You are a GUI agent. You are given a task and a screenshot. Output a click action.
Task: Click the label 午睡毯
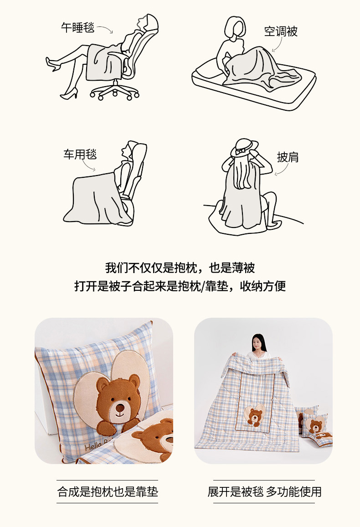(77, 27)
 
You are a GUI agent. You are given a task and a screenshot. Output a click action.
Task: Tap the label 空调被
(281, 31)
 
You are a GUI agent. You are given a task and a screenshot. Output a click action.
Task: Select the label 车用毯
(80, 154)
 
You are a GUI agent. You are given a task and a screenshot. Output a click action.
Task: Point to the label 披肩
(288, 157)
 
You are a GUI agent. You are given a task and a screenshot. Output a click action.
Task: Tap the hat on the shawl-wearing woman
(244, 147)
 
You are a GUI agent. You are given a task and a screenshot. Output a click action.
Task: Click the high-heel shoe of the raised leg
(52, 64)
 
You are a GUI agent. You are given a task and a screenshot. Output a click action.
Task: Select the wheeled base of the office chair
(114, 91)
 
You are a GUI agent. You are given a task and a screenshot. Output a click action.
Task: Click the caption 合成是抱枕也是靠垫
(108, 492)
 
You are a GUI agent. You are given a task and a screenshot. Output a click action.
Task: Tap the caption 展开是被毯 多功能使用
(264, 492)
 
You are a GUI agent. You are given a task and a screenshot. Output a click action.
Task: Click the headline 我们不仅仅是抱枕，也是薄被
(180, 268)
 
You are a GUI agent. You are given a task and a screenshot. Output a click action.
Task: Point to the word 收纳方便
(263, 286)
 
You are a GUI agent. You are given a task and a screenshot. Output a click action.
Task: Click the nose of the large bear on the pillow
(120, 408)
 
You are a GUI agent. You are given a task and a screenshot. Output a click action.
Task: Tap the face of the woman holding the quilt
(257, 343)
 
